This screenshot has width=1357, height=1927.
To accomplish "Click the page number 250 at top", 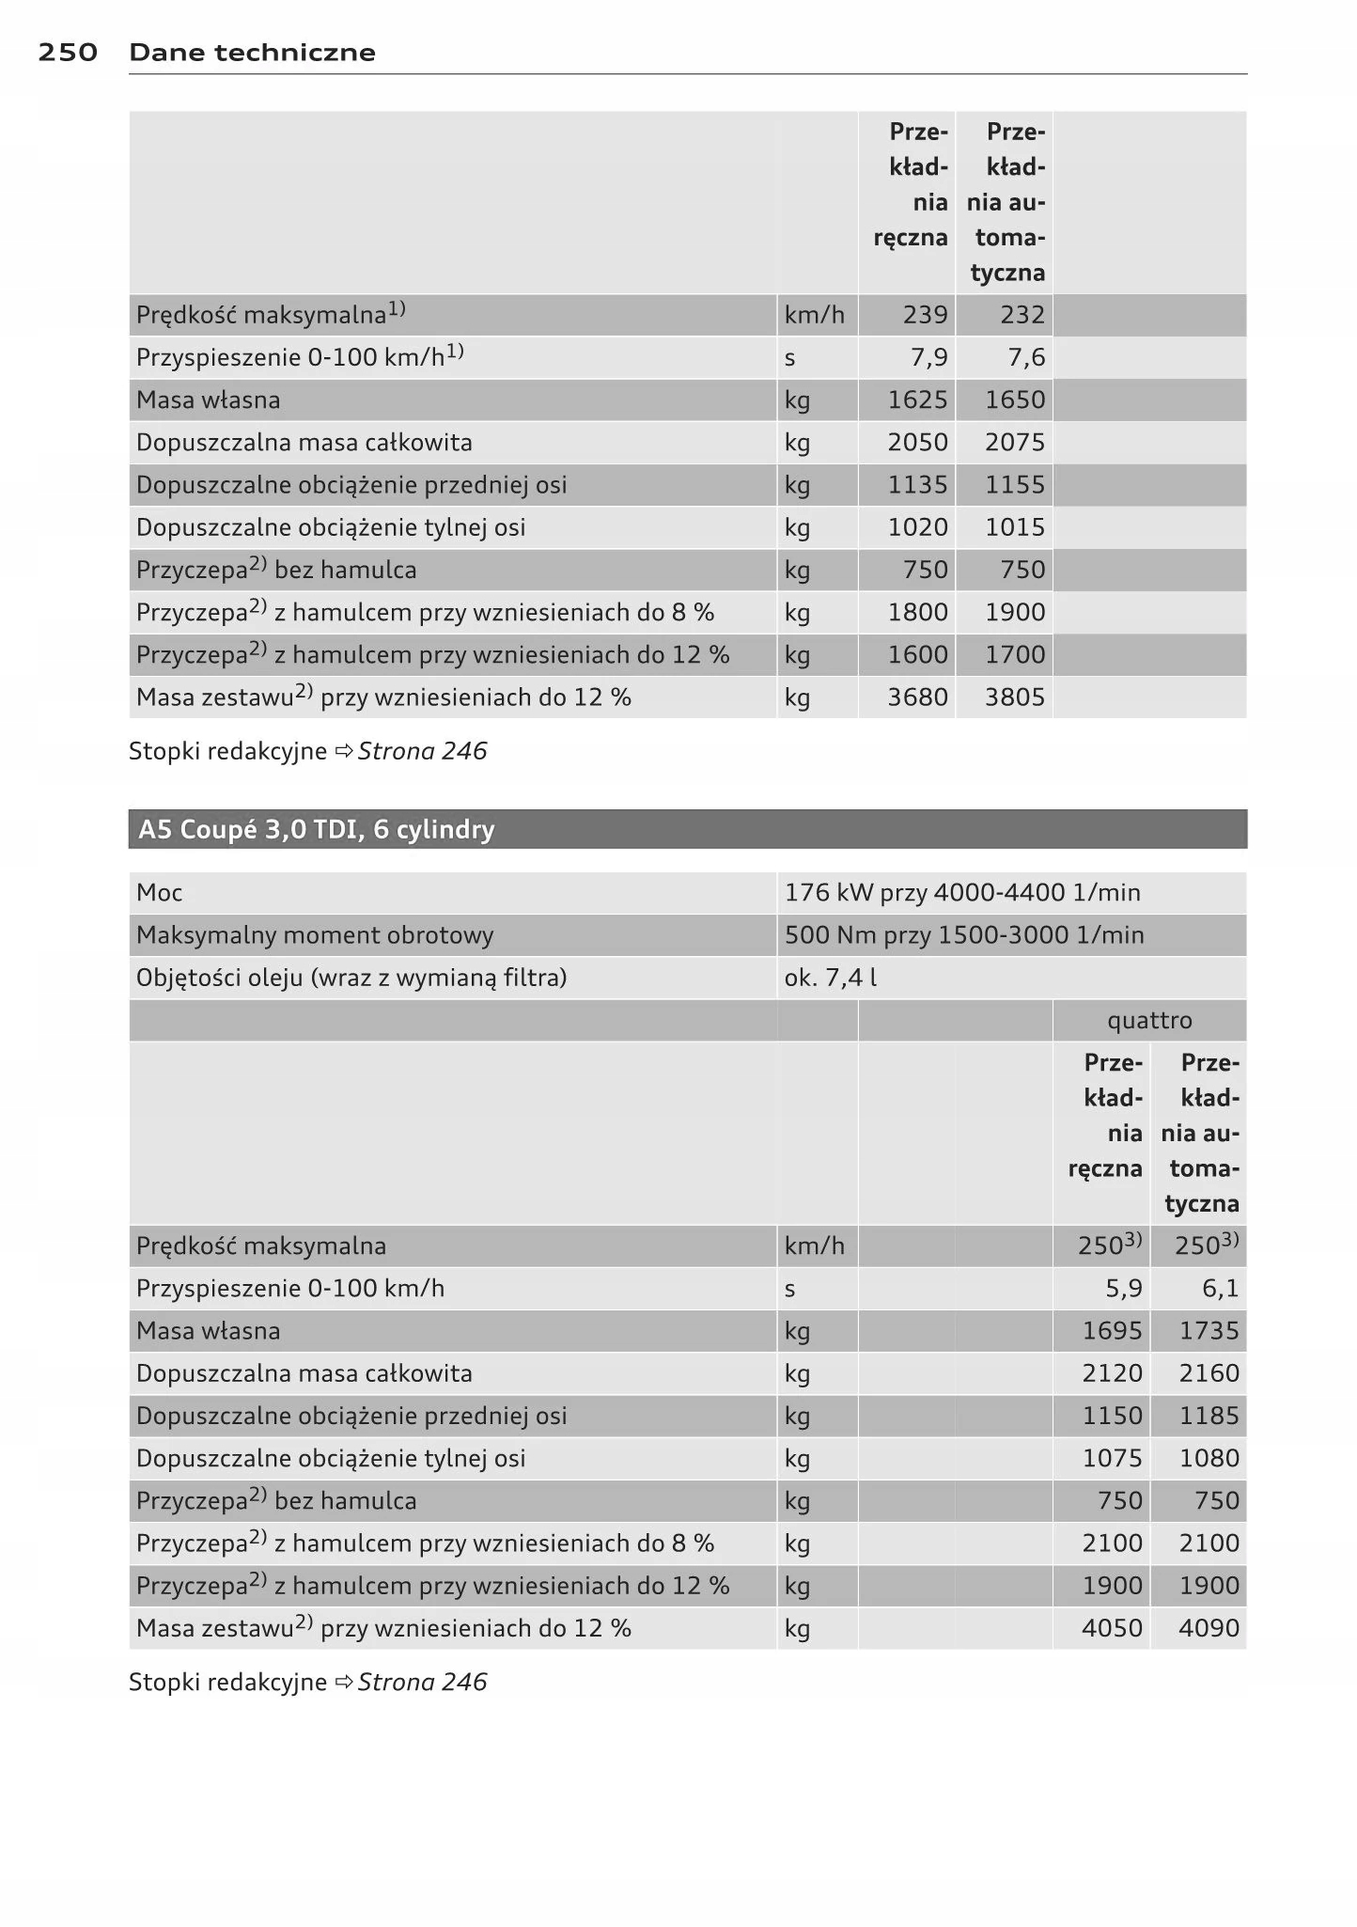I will (68, 53).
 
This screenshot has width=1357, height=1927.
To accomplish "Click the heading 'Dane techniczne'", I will (252, 53).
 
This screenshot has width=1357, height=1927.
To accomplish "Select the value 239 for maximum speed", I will (925, 315).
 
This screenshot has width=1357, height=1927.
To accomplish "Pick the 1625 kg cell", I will (917, 400).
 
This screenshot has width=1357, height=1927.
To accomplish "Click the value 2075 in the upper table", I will (1015, 443).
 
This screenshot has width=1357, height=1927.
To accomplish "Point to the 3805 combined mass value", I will (1015, 697).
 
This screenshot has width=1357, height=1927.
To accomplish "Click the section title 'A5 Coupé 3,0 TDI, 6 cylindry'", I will (316, 830).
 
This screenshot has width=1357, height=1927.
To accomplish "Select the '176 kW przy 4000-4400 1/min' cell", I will (962, 893).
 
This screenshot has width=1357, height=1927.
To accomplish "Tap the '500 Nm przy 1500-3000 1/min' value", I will (964, 935).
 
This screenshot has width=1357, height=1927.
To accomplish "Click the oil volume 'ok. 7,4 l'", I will (831, 978).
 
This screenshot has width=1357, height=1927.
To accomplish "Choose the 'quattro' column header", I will (1149, 1021).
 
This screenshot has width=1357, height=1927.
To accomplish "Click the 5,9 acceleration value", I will (1124, 1289).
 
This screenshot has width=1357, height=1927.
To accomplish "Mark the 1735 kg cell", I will (1209, 1331).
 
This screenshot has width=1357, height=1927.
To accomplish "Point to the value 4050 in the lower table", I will (1112, 1628).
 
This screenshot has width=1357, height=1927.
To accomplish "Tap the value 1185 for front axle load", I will (1209, 1416).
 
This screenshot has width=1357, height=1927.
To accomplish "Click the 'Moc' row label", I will (160, 893).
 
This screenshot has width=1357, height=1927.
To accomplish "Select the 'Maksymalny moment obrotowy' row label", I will (315, 935).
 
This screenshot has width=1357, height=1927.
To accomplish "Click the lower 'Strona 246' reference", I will (422, 1683).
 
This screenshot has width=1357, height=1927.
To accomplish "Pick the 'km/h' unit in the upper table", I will (815, 315).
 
